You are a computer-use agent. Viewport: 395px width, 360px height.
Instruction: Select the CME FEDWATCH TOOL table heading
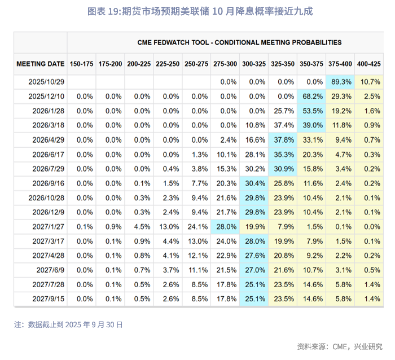[239, 42]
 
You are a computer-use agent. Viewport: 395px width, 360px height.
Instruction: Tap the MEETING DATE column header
[40, 64]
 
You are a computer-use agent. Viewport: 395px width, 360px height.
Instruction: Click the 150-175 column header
[81, 64]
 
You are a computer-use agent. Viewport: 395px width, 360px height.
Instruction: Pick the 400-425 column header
[369, 64]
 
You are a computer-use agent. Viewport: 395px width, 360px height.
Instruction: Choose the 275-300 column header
[225, 64]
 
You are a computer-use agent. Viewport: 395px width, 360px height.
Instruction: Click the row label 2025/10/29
[46, 82]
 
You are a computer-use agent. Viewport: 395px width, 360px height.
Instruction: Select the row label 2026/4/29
[48, 140]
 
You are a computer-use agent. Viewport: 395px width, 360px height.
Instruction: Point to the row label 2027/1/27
[48, 226]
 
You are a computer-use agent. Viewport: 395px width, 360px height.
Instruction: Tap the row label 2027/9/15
[48, 298]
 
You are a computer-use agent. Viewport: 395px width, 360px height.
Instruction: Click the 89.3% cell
[340, 82]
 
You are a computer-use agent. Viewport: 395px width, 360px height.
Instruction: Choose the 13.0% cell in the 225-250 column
[168, 226]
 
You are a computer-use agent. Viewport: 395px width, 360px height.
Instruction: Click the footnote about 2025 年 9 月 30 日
[68, 324]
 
